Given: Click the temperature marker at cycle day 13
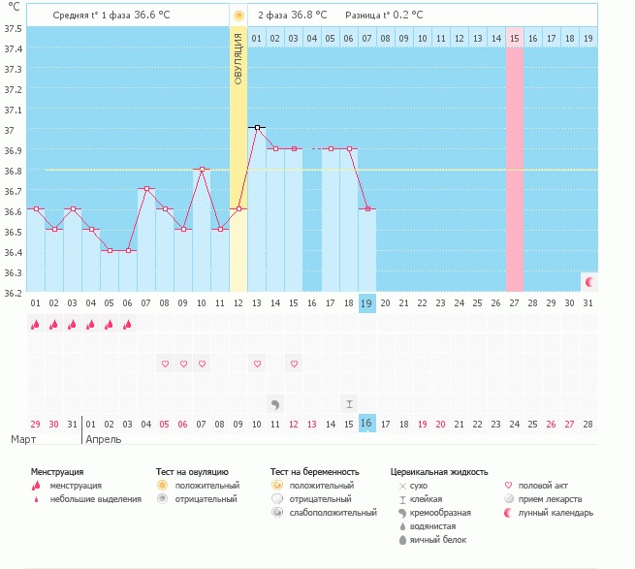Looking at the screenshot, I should click(257, 127).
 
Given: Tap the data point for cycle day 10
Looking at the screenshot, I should click(202, 169).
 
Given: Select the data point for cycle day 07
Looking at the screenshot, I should click(146, 188).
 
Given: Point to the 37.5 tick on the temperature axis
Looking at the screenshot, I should click(14, 27).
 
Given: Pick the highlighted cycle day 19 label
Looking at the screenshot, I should click(366, 303).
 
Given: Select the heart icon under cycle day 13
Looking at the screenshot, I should click(257, 364).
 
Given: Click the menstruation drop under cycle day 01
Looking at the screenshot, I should click(35, 325).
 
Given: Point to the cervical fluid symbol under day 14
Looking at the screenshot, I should click(275, 403).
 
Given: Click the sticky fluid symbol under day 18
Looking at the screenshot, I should click(349, 403).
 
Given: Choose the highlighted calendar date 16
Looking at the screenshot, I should click(366, 424).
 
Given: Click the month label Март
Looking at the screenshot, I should click(23, 440).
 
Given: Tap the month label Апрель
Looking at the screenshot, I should click(104, 440).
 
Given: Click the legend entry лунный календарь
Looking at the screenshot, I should click(556, 513).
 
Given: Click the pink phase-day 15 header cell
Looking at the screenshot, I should click(515, 38).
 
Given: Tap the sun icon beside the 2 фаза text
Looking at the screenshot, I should click(238, 16).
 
